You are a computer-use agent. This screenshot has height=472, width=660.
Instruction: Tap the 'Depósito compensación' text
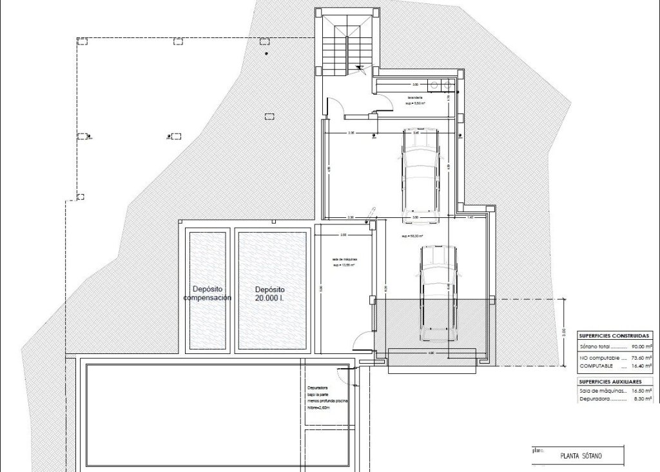(208, 293)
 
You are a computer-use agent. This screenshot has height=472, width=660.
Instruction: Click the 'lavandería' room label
(407, 97)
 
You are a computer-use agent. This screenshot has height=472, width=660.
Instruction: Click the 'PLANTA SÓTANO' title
(581, 456)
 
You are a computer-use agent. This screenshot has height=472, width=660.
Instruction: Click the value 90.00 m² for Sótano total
(642, 347)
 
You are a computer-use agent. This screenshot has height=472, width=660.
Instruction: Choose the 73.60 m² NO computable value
(642, 357)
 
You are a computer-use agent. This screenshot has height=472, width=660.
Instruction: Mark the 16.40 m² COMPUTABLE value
(642, 366)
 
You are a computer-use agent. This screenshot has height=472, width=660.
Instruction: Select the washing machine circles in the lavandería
(442, 84)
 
